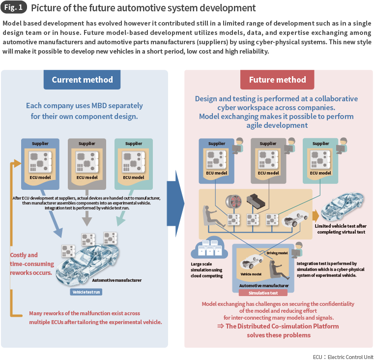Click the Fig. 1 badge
pyautogui.click(x=14, y=8)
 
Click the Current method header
pyautogui.click(x=82, y=80)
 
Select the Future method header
pyautogui.click(x=277, y=80)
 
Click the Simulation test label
pyautogui.click(x=263, y=293)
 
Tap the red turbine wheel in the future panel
pyautogui.click(x=235, y=203)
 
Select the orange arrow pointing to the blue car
pyautogui.click(x=315, y=202)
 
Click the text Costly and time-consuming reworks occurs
pyautogui.click(x=30, y=264)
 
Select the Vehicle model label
pyautogui.click(x=250, y=274)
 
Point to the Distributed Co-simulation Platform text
pyautogui.click(x=278, y=326)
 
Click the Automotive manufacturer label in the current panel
pyautogui.click(x=117, y=280)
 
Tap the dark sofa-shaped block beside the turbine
pyautogui.click(x=259, y=200)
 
